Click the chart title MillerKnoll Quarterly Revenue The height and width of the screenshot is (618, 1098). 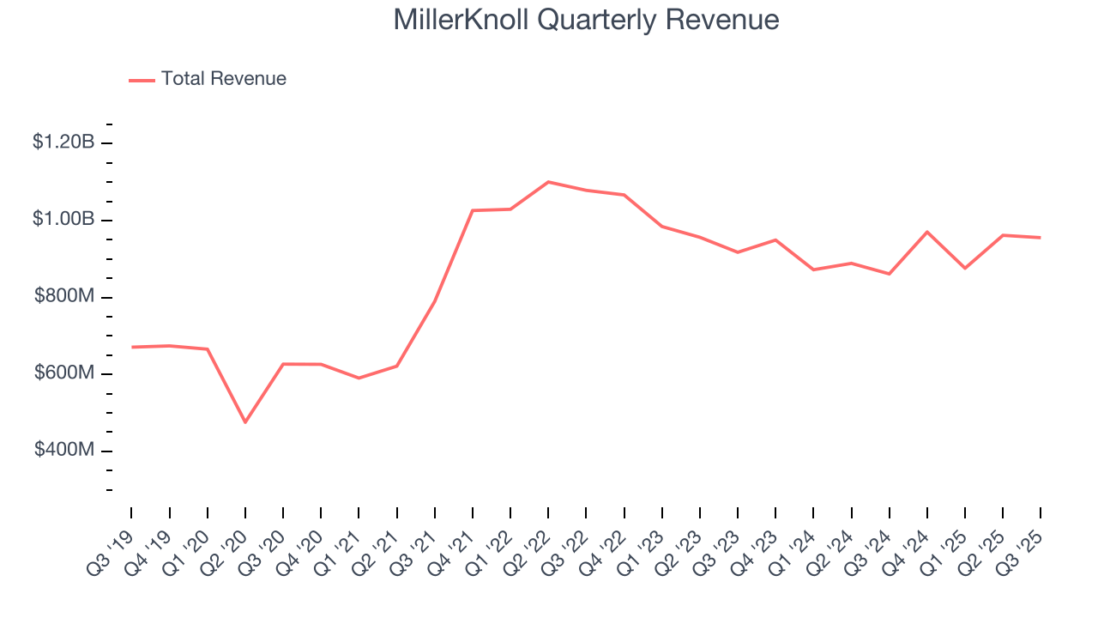tap(586, 20)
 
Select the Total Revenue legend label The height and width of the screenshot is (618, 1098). tap(223, 79)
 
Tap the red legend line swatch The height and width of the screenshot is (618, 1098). tap(142, 80)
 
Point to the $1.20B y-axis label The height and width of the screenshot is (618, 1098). tap(63, 142)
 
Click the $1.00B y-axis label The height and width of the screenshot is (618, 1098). tap(63, 220)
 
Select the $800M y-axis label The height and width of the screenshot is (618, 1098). tap(64, 297)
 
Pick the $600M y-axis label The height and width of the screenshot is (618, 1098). tap(64, 374)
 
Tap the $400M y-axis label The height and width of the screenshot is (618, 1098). tap(64, 451)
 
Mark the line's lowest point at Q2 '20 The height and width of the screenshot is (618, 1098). tap(245, 422)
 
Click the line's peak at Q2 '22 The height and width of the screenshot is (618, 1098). tap(548, 182)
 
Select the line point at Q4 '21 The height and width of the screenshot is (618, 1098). tap(473, 210)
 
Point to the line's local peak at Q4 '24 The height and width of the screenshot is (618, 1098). tap(927, 232)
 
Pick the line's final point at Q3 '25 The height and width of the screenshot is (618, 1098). tap(1041, 238)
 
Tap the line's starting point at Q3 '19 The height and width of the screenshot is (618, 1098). tap(132, 347)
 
